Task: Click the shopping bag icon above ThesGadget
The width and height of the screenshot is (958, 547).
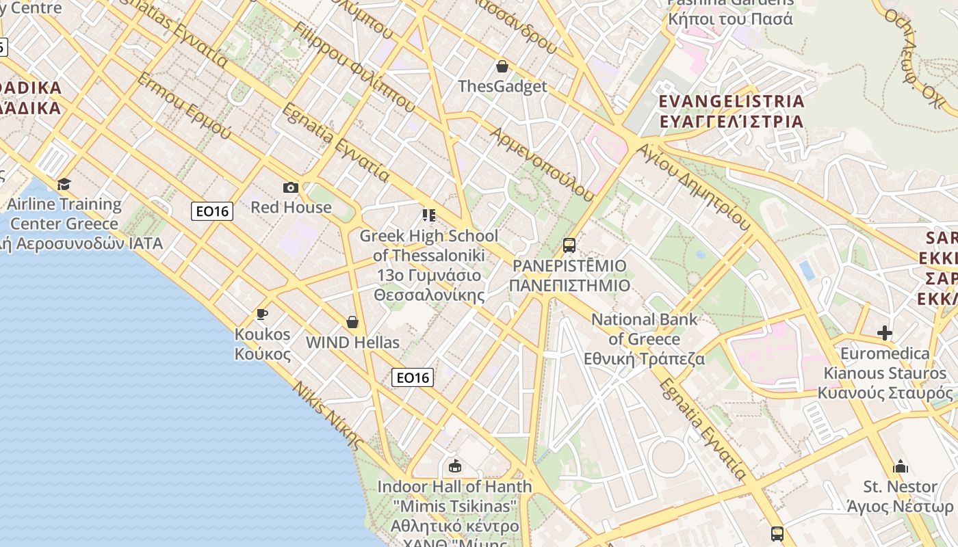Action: (502, 66)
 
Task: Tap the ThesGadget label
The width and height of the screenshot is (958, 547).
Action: (502, 86)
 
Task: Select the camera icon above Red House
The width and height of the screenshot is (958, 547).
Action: (290, 187)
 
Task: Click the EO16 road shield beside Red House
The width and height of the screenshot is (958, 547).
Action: (212, 211)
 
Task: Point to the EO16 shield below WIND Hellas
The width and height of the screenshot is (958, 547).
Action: (413, 377)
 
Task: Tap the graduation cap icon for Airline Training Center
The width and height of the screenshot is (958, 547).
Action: (64, 184)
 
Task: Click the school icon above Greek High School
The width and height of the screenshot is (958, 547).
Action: (429, 216)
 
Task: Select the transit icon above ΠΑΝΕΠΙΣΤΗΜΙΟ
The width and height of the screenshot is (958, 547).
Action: (569, 245)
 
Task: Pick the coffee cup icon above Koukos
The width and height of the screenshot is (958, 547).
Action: (262, 315)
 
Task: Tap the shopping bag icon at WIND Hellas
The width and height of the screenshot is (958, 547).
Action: (352, 322)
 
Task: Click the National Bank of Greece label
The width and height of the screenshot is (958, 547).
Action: (644, 339)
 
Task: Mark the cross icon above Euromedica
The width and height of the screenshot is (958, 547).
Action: (885, 333)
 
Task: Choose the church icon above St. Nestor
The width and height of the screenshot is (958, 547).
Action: (901, 467)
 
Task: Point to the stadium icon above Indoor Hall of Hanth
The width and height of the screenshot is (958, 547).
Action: (454, 466)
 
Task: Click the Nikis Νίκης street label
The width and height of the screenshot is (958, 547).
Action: (328, 415)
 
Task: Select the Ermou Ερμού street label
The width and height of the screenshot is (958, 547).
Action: (184, 106)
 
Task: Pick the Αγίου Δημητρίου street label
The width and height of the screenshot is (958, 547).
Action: (694, 185)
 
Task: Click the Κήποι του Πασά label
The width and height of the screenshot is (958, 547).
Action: (730, 18)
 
